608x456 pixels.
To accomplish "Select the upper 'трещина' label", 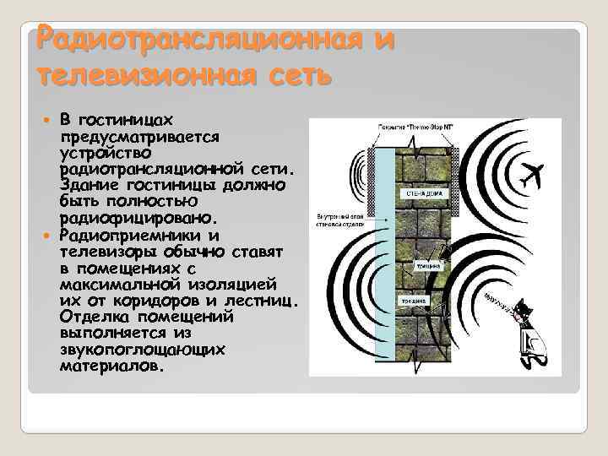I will point(424,266).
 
